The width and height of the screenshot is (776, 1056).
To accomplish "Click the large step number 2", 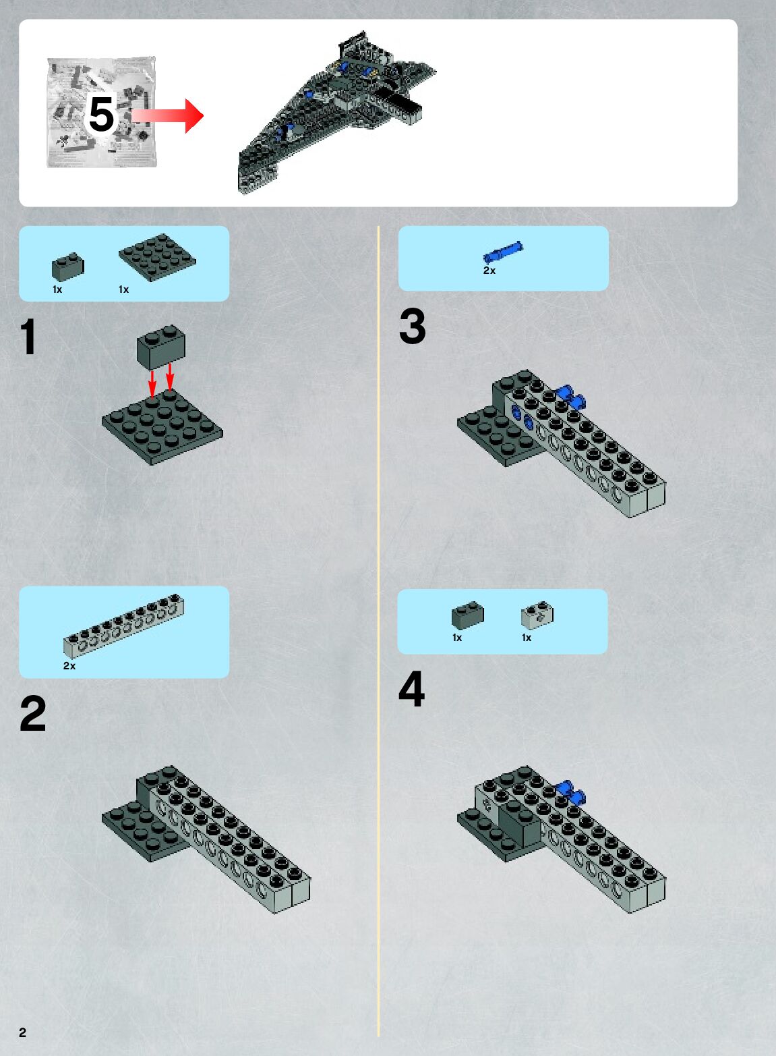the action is click(33, 713).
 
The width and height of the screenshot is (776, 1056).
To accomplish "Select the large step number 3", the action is click(412, 326).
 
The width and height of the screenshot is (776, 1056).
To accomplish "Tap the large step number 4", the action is click(411, 689).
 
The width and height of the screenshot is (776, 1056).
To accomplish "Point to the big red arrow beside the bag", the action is click(167, 115).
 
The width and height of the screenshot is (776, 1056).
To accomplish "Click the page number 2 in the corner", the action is click(22, 1032).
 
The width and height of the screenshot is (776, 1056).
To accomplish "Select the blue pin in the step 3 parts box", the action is click(503, 252).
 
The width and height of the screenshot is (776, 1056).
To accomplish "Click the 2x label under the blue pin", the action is click(489, 271).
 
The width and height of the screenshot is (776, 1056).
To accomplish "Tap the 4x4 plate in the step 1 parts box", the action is click(157, 257).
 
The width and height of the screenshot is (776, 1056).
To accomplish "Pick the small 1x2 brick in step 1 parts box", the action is click(68, 267).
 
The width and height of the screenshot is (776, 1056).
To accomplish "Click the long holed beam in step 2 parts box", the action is click(123, 626).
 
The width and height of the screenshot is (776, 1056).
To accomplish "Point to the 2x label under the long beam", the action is click(69, 666).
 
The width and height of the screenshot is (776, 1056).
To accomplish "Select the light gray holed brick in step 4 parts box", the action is click(537, 615).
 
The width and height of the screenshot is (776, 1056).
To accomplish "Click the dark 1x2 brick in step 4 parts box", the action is click(468, 615).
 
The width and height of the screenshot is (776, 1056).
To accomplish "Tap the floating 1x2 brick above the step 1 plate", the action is click(161, 347).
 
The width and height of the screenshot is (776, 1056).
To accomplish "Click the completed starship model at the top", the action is click(337, 112).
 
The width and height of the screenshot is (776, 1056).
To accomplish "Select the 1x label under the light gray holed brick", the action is click(527, 638).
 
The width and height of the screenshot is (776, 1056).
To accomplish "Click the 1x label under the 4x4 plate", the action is click(123, 289).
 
